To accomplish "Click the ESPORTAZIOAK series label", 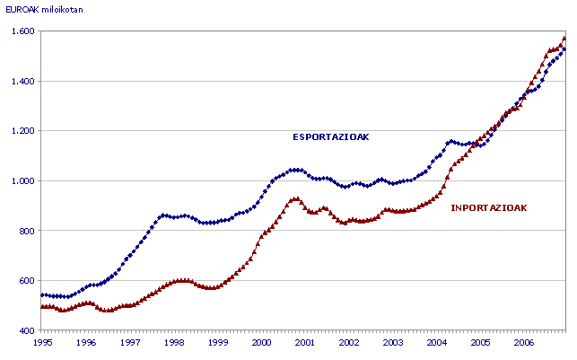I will [331, 137].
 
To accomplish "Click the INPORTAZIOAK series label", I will [488, 207].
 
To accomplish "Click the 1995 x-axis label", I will [42, 343].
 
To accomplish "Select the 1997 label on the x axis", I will [130, 343].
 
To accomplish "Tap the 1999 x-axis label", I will [217, 343].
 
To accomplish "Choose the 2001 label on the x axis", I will [305, 343].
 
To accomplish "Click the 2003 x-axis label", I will [392, 343].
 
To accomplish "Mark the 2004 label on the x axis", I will [436, 343].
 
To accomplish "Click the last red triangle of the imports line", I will [564, 38].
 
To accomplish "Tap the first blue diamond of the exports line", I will [42, 294].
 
